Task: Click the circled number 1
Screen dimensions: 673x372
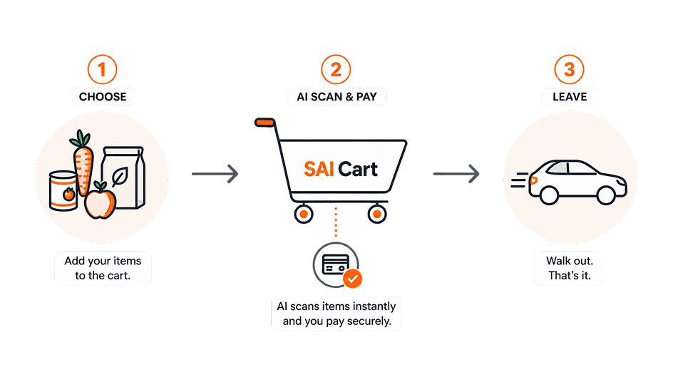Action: tap(102, 70)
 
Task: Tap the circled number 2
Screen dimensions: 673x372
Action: tap(336, 70)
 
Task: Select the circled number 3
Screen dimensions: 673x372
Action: tap(569, 70)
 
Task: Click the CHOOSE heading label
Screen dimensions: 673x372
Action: tap(103, 97)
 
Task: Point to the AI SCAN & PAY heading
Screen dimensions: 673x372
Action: tap(336, 97)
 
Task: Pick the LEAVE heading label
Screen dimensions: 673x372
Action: tap(570, 97)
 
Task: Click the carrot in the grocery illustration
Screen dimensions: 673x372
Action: tap(83, 163)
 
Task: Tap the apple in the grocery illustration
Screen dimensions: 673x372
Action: tap(101, 202)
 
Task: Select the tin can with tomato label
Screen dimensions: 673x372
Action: tap(63, 191)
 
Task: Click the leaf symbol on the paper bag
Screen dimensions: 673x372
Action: tap(119, 176)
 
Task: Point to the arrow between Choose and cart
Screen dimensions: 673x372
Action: tap(215, 174)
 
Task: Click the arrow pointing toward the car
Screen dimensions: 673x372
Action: tap(456, 174)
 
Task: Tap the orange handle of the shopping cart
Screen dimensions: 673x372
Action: tap(264, 123)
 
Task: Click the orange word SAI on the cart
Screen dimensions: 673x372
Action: tap(319, 169)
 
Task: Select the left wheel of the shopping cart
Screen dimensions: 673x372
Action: tap(304, 214)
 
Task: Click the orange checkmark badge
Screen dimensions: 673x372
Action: tap(352, 279)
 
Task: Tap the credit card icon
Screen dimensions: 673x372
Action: tap(336, 264)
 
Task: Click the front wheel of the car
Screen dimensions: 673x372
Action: tap(606, 195)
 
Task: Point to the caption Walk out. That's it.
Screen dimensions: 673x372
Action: tap(570, 268)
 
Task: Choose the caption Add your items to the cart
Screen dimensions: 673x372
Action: tap(103, 268)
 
